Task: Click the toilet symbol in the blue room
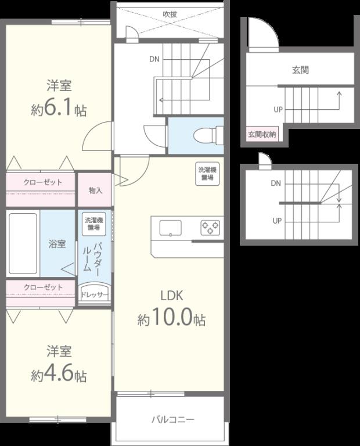[x=208, y=135]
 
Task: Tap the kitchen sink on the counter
[x=170, y=228]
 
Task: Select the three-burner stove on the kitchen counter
[x=210, y=228]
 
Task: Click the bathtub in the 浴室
[x=23, y=243]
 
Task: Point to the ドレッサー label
[x=94, y=295]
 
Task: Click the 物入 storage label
[x=95, y=190]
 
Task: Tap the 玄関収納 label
[x=262, y=134]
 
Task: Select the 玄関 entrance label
[x=301, y=70]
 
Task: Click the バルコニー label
[x=173, y=419]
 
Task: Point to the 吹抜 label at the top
[x=170, y=14]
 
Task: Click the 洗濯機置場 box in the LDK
[x=208, y=174]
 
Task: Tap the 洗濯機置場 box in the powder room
[x=94, y=224]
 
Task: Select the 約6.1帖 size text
[x=59, y=110]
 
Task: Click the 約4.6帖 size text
[x=59, y=375]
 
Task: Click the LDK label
[x=171, y=296]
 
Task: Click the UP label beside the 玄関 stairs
[x=278, y=110]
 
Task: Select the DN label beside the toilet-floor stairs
[x=154, y=59]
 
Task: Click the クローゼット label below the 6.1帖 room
[x=42, y=182]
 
